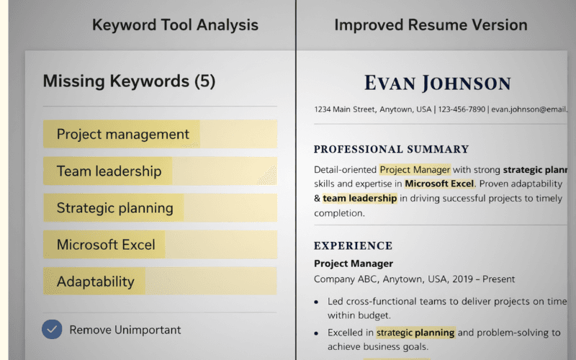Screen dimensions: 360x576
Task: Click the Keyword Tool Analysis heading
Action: tap(175, 25)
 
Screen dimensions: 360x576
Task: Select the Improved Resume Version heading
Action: tap(431, 25)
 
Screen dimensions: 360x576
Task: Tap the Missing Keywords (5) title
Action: tap(129, 81)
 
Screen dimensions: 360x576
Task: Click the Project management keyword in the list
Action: tap(123, 134)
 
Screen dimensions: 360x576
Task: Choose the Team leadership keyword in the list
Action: tap(109, 171)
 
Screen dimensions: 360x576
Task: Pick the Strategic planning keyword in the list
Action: tap(115, 208)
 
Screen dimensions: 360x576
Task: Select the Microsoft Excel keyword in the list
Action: tap(106, 245)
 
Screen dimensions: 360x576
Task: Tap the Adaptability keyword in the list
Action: tap(96, 282)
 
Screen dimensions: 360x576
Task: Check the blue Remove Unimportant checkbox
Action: tap(51, 330)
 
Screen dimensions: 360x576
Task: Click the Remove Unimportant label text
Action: tap(125, 330)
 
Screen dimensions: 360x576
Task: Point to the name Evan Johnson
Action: tap(437, 83)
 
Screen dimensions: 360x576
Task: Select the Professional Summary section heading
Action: tap(391, 150)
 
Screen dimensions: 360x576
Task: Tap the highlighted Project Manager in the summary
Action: tap(415, 170)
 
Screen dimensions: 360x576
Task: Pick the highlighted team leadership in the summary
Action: tap(360, 198)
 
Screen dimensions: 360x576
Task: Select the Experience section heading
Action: tap(353, 246)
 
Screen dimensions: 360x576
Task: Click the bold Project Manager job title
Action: tap(354, 264)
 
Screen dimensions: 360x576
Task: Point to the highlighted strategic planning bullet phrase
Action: tap(415, 333)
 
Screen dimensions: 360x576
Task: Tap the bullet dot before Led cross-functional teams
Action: tap(316, 302)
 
